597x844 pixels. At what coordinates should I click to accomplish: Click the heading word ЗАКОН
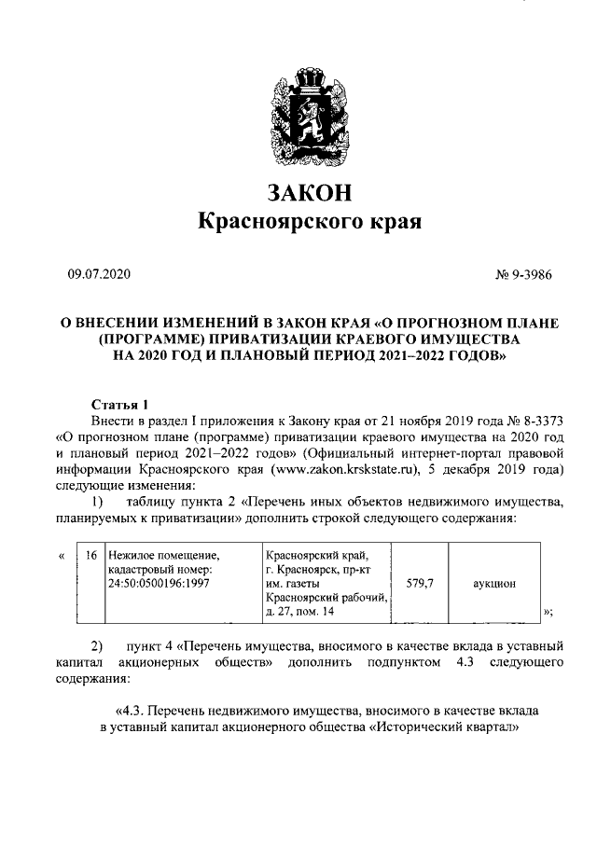[x=309, y=193]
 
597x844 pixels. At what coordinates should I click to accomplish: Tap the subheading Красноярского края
[x=309, y=223]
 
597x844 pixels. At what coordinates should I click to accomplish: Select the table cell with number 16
[x=90, y=556]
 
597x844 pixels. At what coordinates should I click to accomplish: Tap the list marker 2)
[x=97, y=646]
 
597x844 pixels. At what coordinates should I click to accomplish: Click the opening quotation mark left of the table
[x=61, y=556]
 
